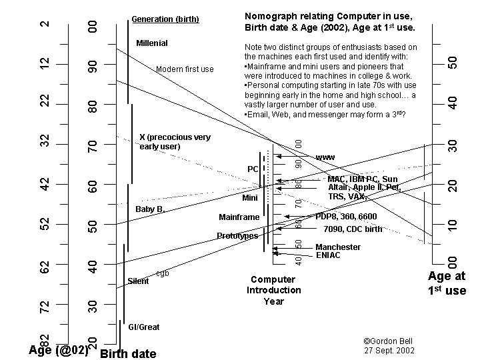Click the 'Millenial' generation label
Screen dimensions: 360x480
(152, 43)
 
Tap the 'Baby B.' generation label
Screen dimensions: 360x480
(150, 209)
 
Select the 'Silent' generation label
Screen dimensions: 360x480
(138, 281)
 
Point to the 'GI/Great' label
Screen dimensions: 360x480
(143, 327)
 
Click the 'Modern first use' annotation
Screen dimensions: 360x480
(185, 69)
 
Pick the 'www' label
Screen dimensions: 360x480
(325, 157)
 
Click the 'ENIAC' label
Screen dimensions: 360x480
(328, 255)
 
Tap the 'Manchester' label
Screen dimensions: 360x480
(338, 247)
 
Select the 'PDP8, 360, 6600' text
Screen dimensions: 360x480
(346, 217)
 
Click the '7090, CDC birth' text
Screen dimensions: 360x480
(353, 229)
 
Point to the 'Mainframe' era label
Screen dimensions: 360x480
(239, 217)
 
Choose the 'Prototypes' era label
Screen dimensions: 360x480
(237, 236)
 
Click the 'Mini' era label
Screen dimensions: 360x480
(250, 198)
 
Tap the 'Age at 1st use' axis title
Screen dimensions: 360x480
(447, 283)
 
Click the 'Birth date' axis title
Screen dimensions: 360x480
(128, 354)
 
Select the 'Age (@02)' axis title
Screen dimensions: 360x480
(59, 351)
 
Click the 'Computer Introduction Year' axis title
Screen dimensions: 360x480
(273, 291)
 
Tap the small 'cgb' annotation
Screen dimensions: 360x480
(162, 273)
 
